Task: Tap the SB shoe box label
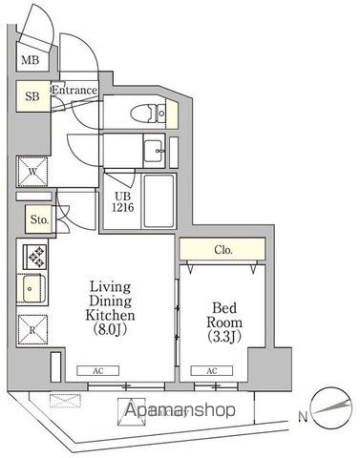32,97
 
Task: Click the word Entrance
74,91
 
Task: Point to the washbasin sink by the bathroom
154,149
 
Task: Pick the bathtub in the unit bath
156,199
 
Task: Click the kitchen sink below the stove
33,286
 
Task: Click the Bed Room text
225,315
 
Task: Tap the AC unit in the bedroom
211,370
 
